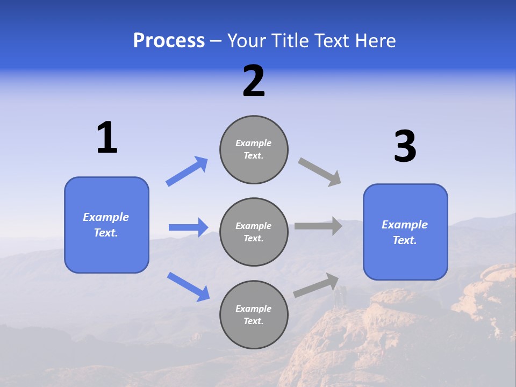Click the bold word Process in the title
pos(169,41)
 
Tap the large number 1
pos(107,138)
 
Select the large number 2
pos(254,81)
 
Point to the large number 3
pos(405,147)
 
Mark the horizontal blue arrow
pos(188,227)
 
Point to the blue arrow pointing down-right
pos(188,286)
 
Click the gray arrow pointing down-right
pos(319,172)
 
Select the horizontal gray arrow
pos(318,226)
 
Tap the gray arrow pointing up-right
pos(316,285)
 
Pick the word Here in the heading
pos(376,41)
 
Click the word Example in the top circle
pos(253,143)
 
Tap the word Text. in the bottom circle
pos(253,321)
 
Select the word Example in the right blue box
pos(405,225)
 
